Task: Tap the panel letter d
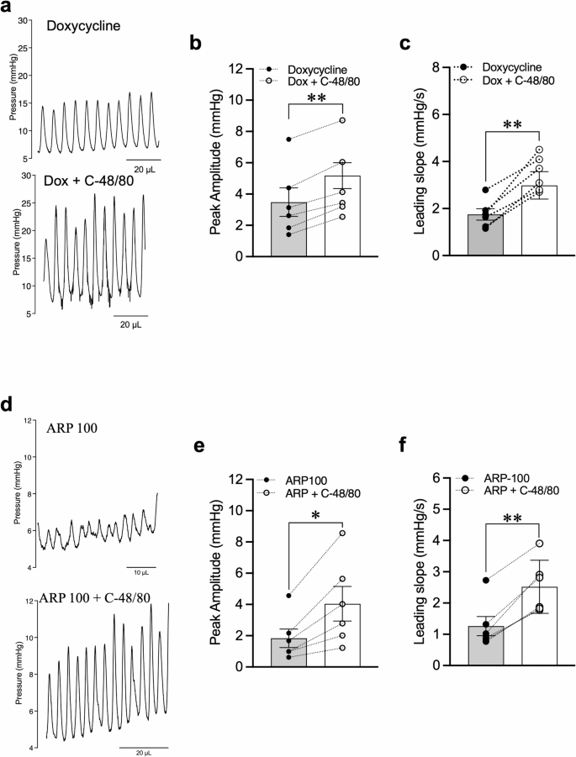(x=8, y=404)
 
